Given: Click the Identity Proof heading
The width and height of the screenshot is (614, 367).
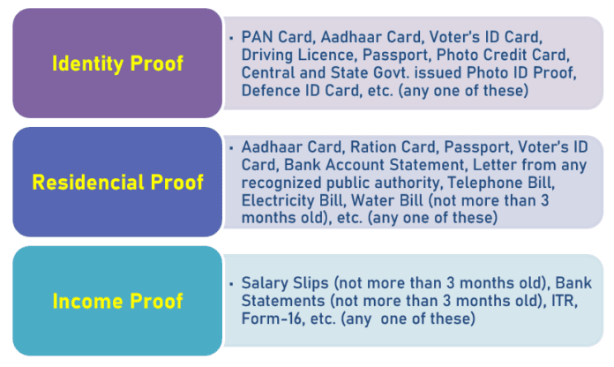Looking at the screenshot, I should coord(118,64).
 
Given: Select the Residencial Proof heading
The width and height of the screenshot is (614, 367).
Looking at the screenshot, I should coord(118,182).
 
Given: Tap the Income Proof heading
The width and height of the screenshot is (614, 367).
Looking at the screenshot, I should coord(118,301).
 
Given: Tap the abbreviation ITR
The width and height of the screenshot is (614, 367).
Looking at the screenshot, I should coord(563,301).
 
